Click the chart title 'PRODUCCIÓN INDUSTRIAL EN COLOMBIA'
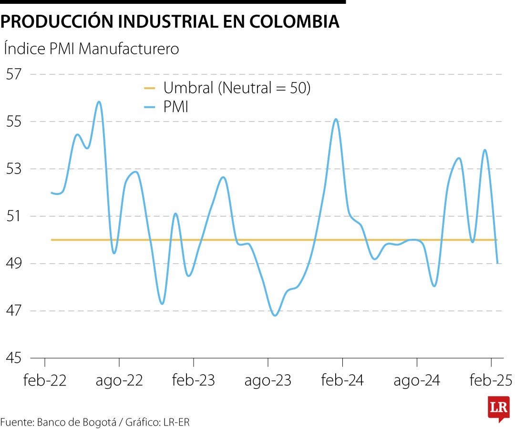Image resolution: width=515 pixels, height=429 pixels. click(x=170, y=21)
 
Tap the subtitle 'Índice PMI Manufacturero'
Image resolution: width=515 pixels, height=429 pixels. click(x=91, y=49)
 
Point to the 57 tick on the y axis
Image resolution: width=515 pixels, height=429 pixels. click(x=13, y=74)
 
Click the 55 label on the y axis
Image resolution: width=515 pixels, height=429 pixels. click(x=13, y=122)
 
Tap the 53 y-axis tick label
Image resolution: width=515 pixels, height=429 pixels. click(x=13, y=169)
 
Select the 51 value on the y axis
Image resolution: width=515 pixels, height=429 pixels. click(x=13, y=216)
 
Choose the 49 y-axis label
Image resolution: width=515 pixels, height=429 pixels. click(x=13, y=264)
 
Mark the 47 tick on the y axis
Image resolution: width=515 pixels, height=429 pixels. click(x=13, y=311)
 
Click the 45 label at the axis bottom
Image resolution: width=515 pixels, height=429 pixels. click(x=13, y=358)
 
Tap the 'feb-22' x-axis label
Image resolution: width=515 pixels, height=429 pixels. click(x=45, y=380)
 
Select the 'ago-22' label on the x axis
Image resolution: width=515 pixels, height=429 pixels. click(x=119, y=380)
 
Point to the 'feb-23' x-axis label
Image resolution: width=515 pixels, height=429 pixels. click(x=194, y=380)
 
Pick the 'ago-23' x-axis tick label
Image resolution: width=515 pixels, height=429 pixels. click(x=268, y=380)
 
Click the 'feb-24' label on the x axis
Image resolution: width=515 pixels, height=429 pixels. click(x=342, y=380)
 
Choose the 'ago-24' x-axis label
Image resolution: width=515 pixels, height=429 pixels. click(x=417, y=380)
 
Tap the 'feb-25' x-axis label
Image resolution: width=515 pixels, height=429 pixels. click(x=491, y=380)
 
